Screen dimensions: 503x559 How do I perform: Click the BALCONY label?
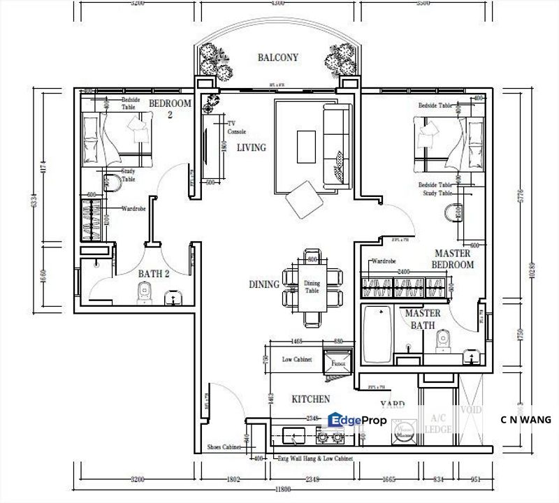coord(278,58)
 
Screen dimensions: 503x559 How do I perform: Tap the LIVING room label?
coord(251,148)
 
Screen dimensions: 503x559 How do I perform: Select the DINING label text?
coord(264,284)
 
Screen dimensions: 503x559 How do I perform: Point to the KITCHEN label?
coord(311,400)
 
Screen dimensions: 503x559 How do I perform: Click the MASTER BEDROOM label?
coord(454,259)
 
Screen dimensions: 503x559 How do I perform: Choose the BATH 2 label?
coord(153,275)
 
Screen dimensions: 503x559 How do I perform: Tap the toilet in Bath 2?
coord(144,297)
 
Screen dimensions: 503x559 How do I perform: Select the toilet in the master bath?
coord(441,342)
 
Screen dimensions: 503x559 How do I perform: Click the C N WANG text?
coord(525,420)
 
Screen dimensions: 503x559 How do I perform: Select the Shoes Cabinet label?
coord(224,446)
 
